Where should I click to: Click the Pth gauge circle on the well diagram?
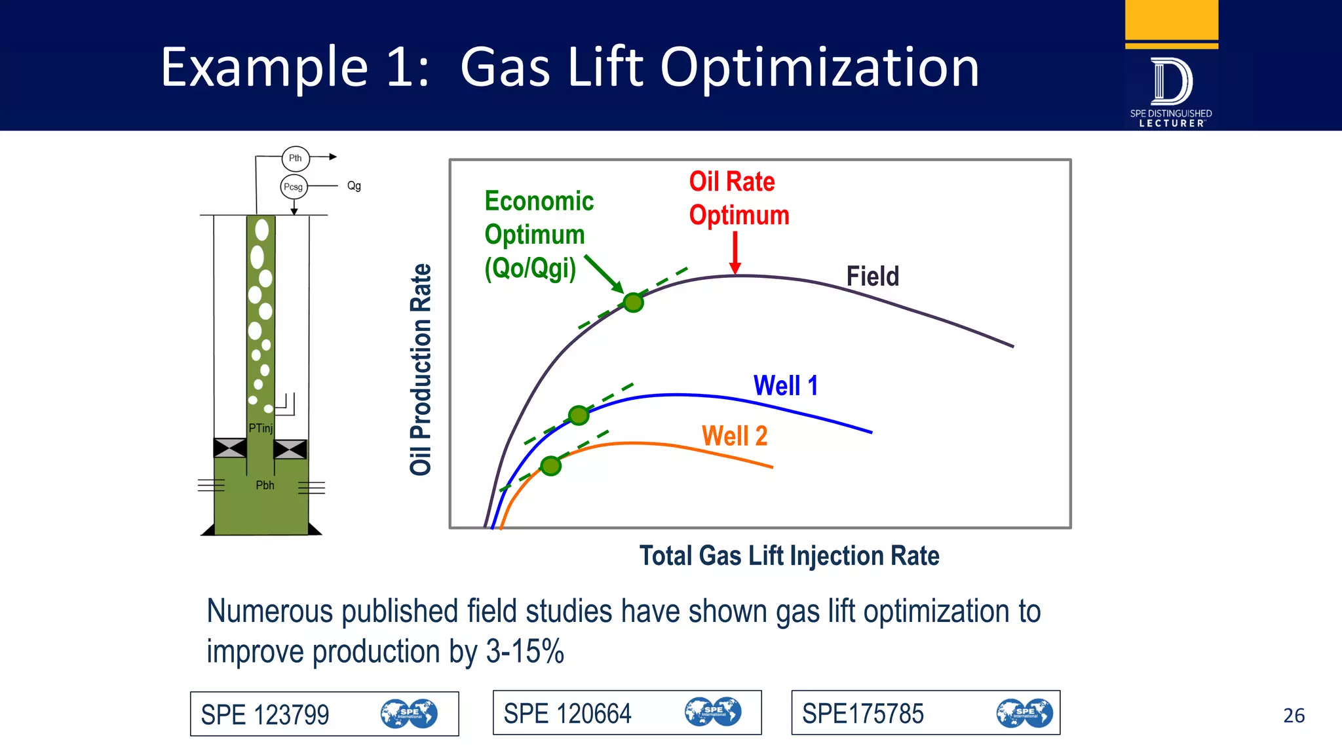296,158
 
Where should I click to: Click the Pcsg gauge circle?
294,187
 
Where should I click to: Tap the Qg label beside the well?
354,186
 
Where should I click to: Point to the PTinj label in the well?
261,428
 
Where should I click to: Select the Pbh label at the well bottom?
265,485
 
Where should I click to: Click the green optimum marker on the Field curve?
633,303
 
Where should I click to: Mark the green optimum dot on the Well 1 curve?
579,415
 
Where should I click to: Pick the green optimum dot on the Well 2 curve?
550,466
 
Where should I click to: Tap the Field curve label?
872,276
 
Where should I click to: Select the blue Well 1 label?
786,385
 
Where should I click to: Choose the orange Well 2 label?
734,436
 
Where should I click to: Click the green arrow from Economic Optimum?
604,274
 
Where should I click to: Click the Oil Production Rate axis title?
421,369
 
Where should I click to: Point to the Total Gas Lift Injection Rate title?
789,556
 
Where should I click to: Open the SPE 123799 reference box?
324,714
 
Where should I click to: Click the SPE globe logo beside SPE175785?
1024,713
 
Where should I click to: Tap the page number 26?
1294,715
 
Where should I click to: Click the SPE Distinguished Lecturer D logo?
1171,82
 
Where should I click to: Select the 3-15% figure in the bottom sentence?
525,651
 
